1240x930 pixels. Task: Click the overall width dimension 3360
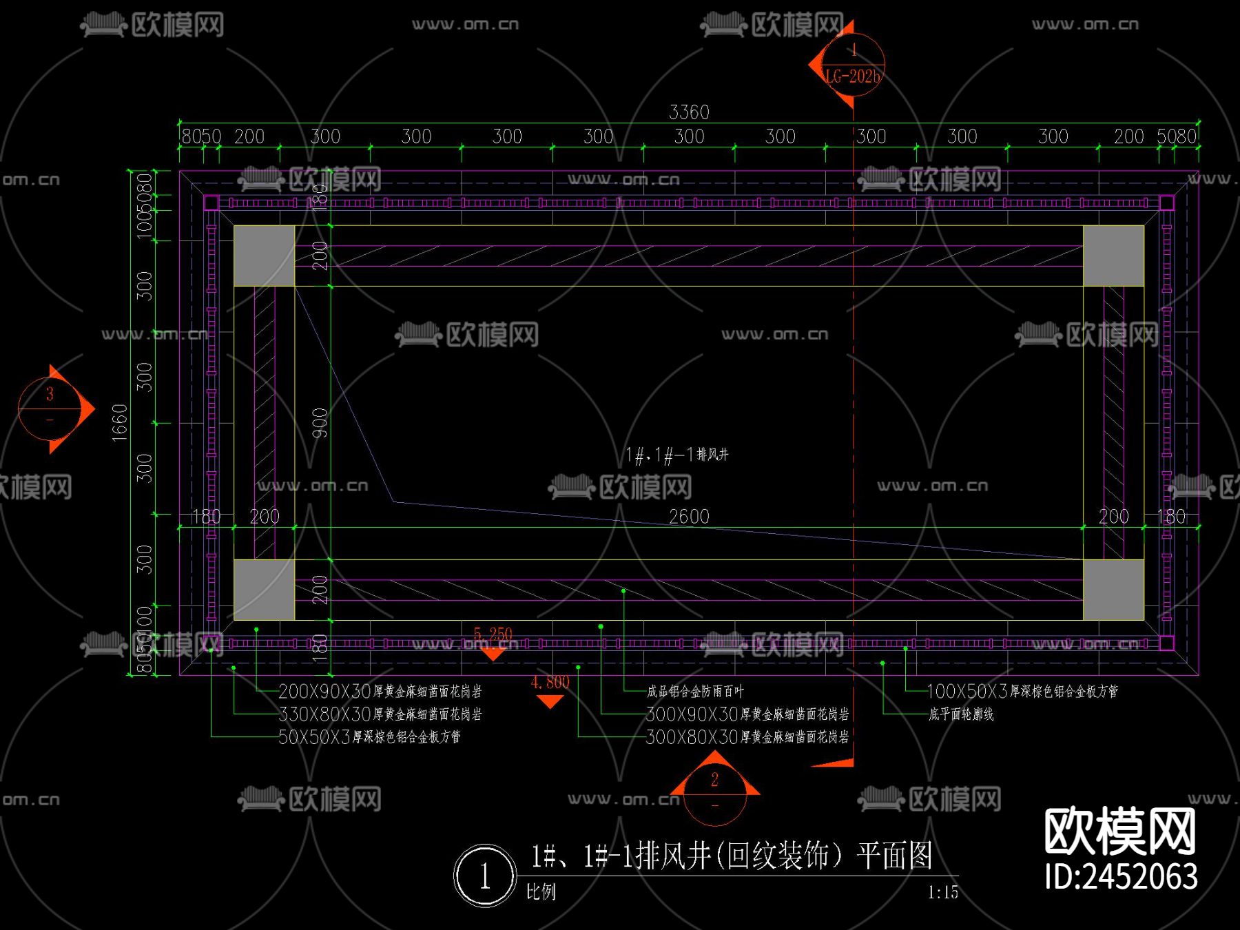pos(689,112)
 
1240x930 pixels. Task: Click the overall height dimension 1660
pos(120,422)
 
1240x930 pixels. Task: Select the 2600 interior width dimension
pos(689,516)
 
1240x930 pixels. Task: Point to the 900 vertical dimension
pos(320,423)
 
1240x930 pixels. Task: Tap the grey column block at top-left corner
pos(265,256)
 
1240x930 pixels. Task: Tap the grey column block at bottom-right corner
pos(1113,590)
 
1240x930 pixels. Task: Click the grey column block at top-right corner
pos(1113,256)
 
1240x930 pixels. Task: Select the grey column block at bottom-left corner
pos(265,590)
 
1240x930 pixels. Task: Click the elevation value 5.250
pos(493,634)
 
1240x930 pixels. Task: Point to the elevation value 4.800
pos(550,683)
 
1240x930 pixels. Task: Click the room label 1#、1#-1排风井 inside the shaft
pos(676,455)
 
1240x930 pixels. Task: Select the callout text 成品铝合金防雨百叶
pos(695,691)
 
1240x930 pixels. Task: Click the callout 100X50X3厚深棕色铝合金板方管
pos(1022,691)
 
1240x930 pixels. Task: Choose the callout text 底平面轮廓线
pos(961,714)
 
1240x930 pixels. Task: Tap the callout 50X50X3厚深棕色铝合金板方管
pos(370,737)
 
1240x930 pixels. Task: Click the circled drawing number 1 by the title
pos(484,876)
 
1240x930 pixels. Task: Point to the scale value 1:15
pos(942,893)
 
